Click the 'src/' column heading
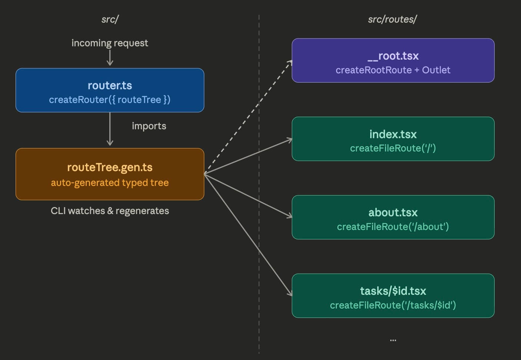[110, 19]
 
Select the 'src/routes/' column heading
[392, 19]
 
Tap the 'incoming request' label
[110, 43]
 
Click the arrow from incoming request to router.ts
[110, 58]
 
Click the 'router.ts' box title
[110, 86]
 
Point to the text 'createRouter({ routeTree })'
[110, 100]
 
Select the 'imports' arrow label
[149, 126]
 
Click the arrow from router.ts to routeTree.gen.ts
[110, 130]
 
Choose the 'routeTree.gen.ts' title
[110, 167]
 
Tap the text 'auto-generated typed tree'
[110, 183]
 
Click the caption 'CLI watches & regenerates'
[110, 211]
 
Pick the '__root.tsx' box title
[393, 56]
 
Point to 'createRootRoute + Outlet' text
[393, 70]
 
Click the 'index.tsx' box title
[393, 134]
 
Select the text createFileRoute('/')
[393, 148]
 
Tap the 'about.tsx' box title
[393, 213]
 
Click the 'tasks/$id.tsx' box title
[393, 291]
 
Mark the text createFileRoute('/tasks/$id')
[393, 305]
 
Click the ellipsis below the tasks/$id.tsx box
[393, 340]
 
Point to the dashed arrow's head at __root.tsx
[290, 62]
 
